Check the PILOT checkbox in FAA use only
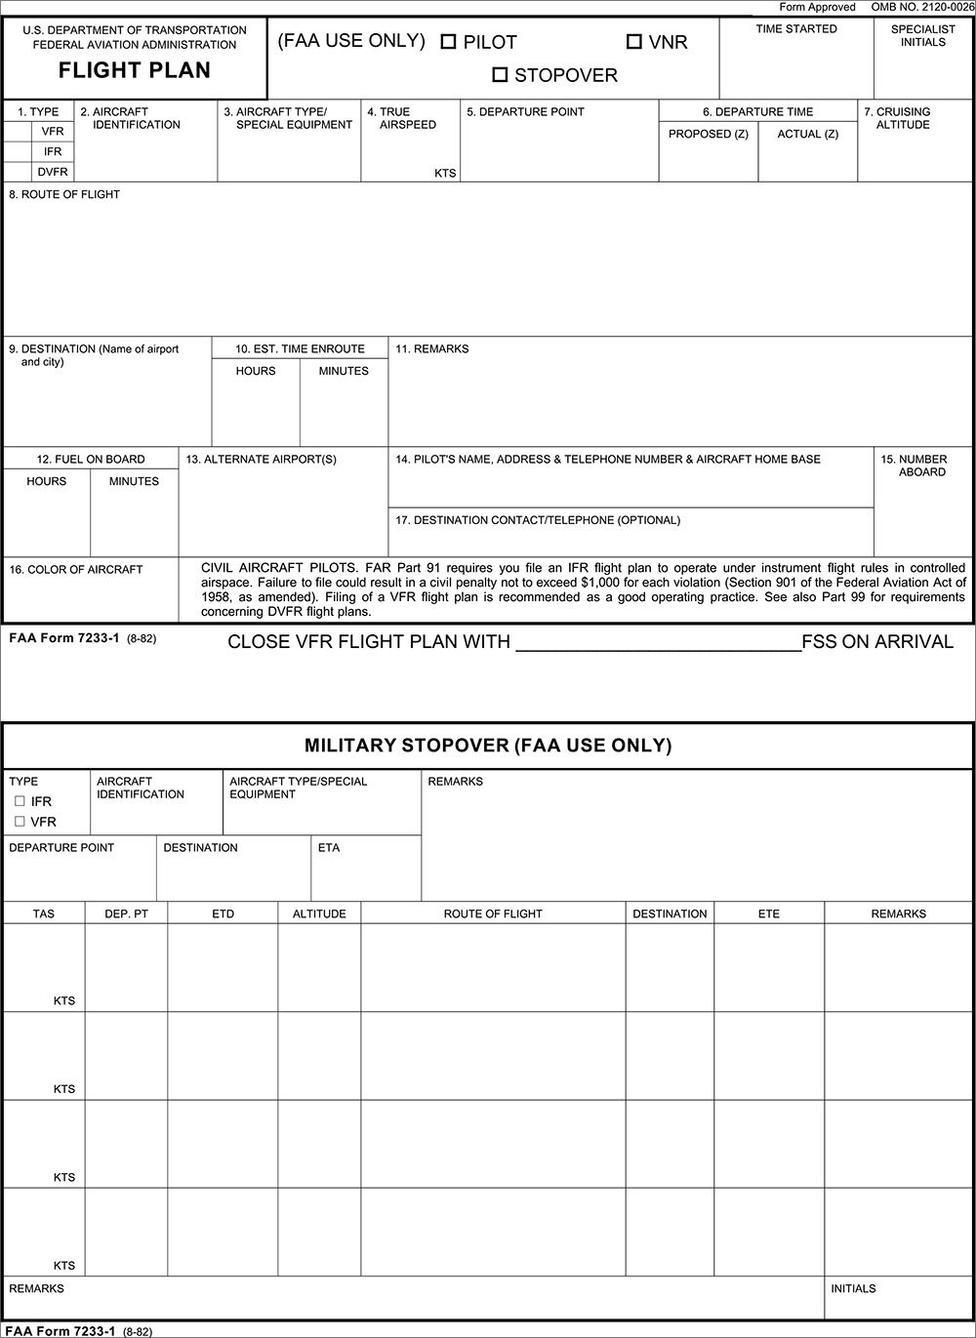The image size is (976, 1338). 449,42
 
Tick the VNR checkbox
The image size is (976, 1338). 634,42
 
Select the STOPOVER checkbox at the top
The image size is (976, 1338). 501,74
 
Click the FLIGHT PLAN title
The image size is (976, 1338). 135,70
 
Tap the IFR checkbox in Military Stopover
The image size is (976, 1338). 20,801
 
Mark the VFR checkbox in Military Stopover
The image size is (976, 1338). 20,822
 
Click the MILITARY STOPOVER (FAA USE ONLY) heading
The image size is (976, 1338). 488,746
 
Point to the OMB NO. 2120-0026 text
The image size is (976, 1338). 922,7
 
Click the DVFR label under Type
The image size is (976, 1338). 53,172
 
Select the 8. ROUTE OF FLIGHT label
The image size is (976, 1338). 64,194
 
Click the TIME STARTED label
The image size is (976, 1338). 796,29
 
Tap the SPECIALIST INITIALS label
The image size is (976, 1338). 923,36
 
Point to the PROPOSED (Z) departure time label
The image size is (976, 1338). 709,134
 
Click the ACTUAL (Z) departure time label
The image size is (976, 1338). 807,134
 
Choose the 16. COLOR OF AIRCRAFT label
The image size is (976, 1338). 76,569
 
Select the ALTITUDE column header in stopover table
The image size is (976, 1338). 319,913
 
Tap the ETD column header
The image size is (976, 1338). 223,913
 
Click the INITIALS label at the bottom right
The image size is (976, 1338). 853,1288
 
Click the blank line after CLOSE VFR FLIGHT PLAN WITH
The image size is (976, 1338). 657,642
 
